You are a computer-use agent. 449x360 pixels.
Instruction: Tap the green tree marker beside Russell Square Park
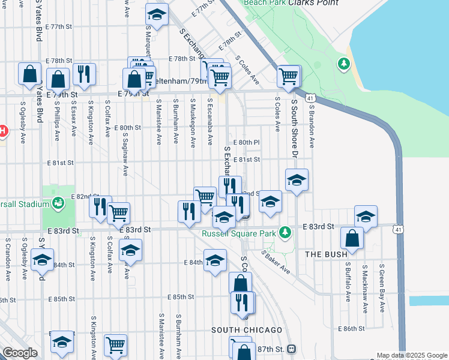click(288, 232)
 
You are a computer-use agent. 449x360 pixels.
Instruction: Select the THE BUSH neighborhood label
click(326, 254)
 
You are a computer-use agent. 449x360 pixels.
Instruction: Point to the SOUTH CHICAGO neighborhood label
click(247, 331)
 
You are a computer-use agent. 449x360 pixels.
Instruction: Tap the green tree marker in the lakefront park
click(343, 63)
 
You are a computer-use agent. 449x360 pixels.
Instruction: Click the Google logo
click(20, 353)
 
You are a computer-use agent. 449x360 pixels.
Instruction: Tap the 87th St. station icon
click(292, 349)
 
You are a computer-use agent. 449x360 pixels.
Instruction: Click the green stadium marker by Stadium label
click(58, 203)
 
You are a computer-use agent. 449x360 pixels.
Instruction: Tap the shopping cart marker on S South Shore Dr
click(289, 76)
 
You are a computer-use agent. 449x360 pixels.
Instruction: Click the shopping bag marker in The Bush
click(352, 238)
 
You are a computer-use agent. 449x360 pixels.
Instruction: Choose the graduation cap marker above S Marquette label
click(157, 16)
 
